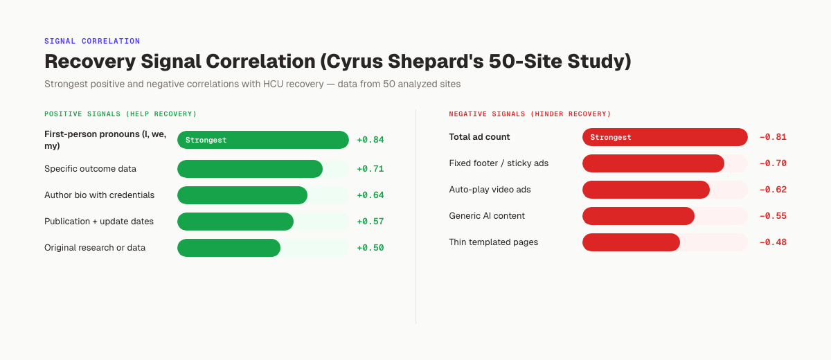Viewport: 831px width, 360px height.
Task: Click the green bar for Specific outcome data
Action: point(250,169)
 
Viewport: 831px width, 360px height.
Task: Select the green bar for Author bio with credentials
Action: point(242,195)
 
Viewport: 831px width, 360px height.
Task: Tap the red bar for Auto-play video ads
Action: point(646,190)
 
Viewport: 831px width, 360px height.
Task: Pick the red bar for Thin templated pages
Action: point(631,242)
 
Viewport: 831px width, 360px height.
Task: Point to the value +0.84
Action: point(370,140)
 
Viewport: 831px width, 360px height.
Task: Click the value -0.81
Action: point(773,137)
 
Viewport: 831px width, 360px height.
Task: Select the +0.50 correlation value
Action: point(370,248)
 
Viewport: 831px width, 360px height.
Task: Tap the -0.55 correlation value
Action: point(773,216)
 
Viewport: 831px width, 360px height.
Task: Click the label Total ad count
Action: point(479,137)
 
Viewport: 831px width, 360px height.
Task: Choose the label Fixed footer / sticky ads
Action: point(499,163)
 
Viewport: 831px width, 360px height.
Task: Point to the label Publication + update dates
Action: point(99,222)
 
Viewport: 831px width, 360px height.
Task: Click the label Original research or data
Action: point(95,248)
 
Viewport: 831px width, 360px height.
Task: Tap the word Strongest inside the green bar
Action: point(206,140)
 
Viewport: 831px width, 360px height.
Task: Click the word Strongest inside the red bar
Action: point(610,137)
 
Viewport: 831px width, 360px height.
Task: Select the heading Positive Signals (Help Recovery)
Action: point(120,114)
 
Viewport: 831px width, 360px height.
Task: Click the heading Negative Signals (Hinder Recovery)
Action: point(530,114)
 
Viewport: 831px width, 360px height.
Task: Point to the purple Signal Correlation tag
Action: point(92,42)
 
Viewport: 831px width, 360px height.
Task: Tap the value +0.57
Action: point(370,222)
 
